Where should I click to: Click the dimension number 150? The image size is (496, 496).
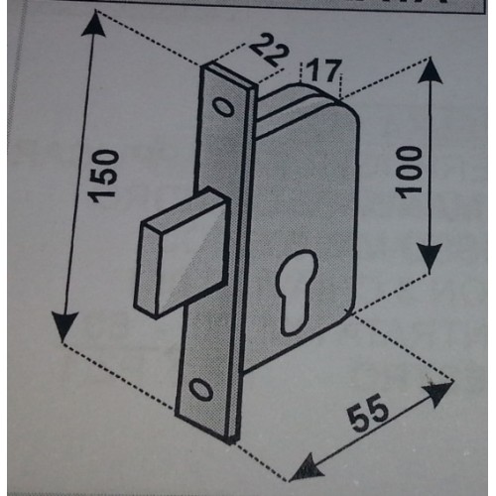104,176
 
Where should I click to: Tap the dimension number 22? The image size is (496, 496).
269,50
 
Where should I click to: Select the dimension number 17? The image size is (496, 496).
321,70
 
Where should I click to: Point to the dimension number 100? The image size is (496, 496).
411,172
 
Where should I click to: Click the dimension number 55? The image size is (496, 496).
368,414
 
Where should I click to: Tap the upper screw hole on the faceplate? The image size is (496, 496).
224,106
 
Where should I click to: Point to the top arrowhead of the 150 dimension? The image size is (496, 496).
94,23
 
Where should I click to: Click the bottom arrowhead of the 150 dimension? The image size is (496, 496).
64,326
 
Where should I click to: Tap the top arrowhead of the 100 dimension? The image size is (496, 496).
430,71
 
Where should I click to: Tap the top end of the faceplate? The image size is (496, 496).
228,75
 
